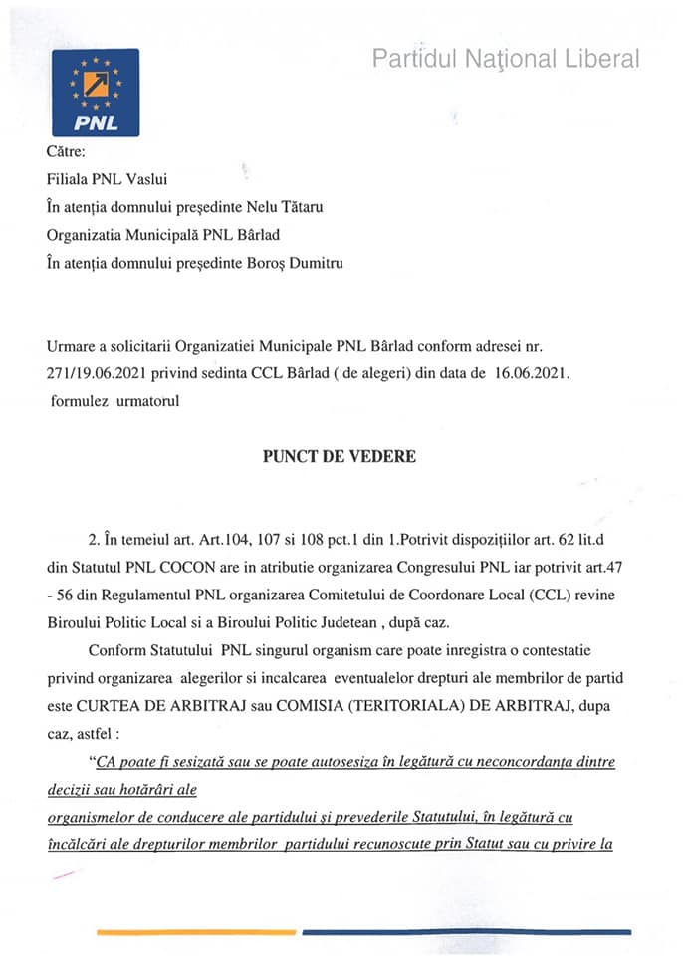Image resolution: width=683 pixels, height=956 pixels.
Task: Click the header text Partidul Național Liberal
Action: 506,59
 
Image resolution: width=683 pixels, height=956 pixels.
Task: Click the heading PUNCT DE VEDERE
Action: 340,457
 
